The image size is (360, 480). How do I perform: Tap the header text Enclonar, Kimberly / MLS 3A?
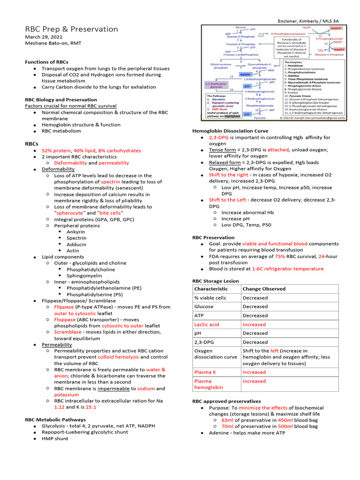point(308,22)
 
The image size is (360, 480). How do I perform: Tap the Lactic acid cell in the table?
point(207,324)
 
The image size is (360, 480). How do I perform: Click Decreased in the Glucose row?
point(255,307)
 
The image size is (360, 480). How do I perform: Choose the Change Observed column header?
point(263,289)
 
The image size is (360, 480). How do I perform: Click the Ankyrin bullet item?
point(76,232)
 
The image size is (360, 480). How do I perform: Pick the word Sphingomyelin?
point(85,276)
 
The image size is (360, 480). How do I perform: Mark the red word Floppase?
point(65,319)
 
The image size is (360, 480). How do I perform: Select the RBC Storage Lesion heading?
point(215,281)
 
